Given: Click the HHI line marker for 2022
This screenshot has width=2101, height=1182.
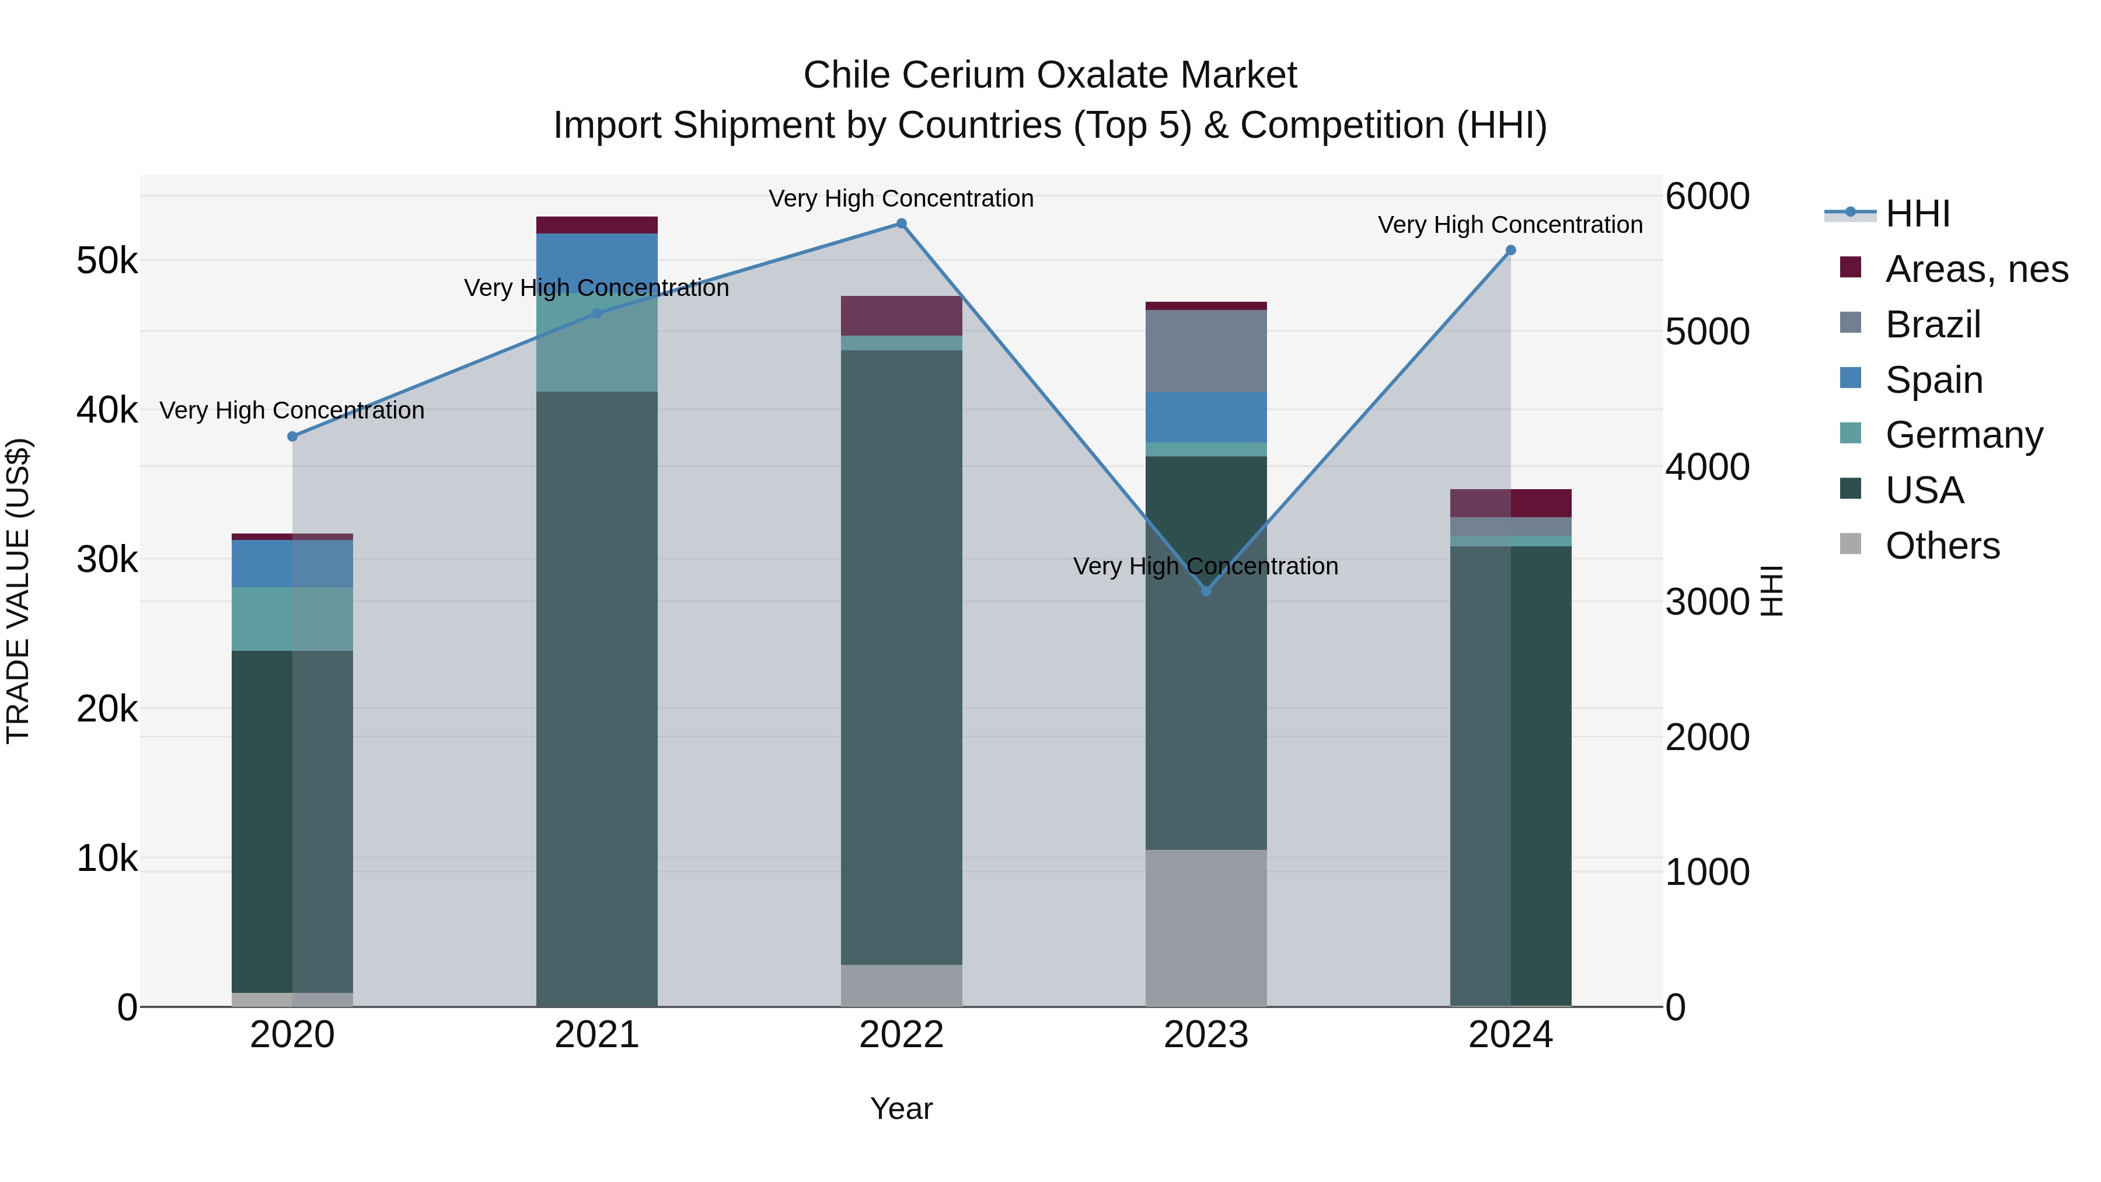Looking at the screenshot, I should coord(901,224).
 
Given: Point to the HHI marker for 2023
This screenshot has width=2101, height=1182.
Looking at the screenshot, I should coord(1206,591).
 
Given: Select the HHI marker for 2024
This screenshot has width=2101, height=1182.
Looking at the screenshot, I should coord(1510,250).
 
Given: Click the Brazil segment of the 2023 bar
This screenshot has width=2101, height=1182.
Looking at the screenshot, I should coord(1206,351).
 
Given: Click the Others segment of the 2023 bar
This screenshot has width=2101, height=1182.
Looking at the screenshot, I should coord(1206,928).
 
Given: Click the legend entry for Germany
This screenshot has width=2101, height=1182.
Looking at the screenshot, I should coord(1963,435).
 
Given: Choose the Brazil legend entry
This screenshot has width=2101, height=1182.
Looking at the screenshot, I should coord(1932,325).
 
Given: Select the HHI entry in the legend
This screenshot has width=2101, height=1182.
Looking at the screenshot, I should coord(1917,214).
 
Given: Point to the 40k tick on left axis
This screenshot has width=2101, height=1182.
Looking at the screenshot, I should coord(107,410).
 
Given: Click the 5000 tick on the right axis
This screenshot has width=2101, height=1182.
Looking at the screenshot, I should coord(1707,332).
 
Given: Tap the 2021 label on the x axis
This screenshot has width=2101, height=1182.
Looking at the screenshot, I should coord(596,1035).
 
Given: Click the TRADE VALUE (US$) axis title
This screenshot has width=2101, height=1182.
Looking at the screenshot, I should coord(18,591).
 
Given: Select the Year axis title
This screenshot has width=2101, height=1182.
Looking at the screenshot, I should coord(901,1108).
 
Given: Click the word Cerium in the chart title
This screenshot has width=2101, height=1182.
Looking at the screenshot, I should coord(961,75).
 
